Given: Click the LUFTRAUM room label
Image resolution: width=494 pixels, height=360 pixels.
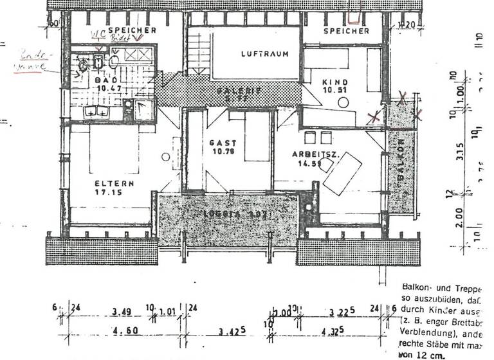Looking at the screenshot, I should coord(261,54).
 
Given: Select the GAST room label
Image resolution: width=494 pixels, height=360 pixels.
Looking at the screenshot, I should coord(223,143).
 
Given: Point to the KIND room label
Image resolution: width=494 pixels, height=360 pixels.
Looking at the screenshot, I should coord(334,82).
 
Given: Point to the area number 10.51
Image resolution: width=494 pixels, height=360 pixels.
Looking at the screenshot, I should coord(334,91).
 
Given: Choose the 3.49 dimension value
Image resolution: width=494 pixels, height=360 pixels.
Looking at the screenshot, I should coord(120,312).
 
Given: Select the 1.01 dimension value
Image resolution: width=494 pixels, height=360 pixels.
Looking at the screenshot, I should coord(167,312).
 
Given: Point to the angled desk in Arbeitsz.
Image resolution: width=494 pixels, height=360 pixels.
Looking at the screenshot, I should coord(343,173).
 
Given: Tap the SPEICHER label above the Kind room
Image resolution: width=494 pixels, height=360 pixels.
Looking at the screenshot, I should coord(346,31).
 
